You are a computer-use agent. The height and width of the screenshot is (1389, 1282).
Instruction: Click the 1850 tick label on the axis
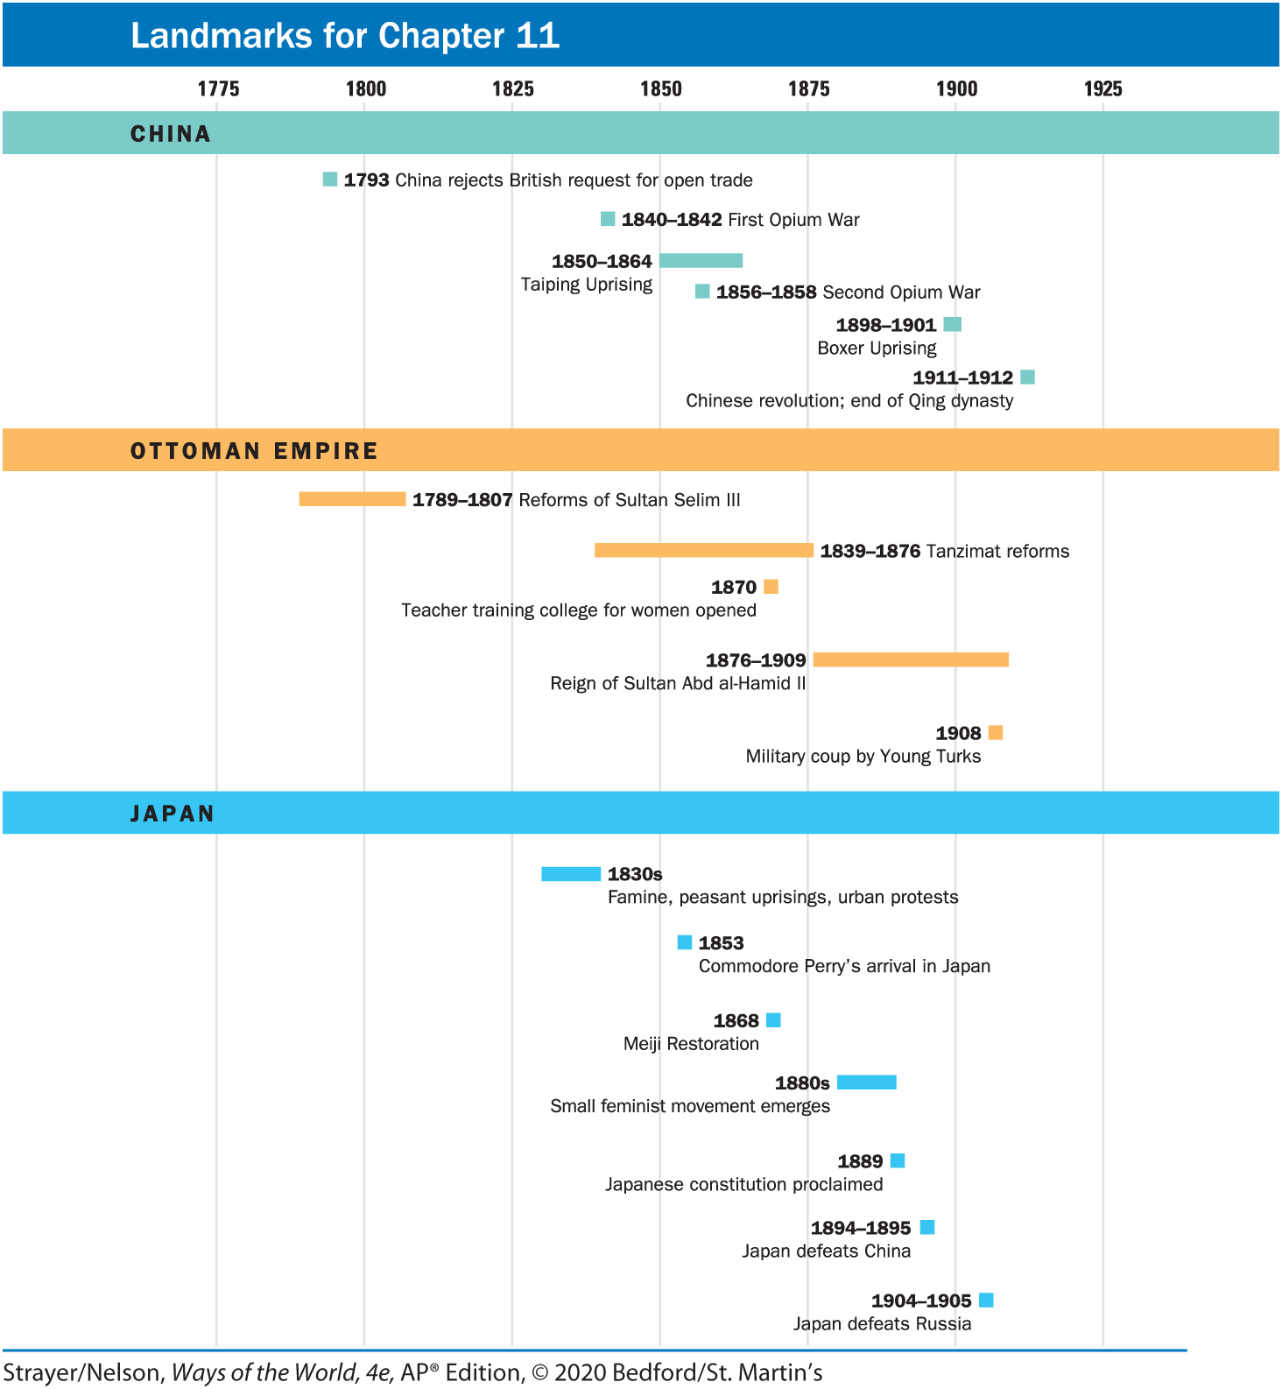coord(660,88)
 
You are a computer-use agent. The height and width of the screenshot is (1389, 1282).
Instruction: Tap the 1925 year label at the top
coord(1102,88)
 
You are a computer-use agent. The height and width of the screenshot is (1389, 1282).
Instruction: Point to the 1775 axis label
coord(218,88)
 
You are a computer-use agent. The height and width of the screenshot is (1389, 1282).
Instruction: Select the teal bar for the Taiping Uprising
coord(701,260)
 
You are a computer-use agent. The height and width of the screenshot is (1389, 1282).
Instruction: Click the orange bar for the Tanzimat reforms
coord(703,550)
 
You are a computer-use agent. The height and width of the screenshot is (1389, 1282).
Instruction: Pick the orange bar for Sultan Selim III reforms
coord(352,499)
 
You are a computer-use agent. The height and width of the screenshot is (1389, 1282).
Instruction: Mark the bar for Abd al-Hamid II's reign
coord(911,659)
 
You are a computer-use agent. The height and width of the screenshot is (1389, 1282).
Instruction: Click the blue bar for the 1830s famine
coord(571,873)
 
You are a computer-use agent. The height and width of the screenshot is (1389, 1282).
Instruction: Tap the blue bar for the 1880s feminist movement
coord(866,1082)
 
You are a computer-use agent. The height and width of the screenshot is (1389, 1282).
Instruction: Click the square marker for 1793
coord(330,180)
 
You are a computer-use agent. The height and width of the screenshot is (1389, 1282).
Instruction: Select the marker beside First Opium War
coord(608,219)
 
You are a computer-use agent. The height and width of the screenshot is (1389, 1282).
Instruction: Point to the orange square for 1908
coord(996,732)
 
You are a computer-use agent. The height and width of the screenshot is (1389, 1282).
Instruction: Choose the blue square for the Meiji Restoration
coord(773,1020)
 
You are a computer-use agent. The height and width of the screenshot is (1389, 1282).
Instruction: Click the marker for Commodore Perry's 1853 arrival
coord(685,942)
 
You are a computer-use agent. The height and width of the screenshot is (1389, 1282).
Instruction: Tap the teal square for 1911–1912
coord(1028,377)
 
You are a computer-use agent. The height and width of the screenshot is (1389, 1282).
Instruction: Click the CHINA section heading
coord(171,134)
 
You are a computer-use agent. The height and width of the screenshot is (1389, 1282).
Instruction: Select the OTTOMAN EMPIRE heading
coord(254,451)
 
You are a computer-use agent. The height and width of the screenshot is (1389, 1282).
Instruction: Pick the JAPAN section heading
coord(173,814)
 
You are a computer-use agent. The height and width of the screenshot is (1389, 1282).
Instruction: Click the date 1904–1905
coord(921,1301)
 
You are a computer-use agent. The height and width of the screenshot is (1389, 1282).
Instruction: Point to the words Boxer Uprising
coord(877,349)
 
